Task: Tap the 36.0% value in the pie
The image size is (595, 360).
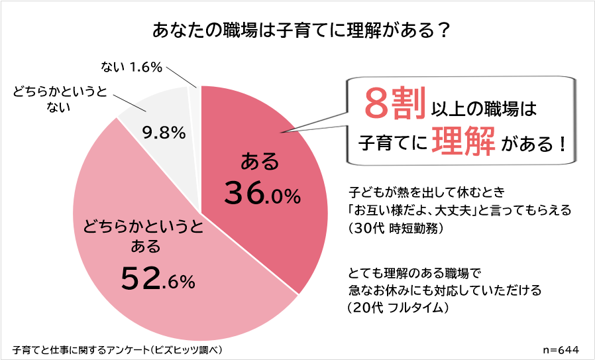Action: tap(262, 194)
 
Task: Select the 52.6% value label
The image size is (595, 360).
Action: tap(158, 278)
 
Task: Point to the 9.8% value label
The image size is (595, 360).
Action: tap(163, 133)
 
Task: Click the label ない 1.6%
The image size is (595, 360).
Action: tap(132, 67)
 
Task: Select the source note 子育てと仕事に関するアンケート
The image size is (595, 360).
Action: tap(117, 349)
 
